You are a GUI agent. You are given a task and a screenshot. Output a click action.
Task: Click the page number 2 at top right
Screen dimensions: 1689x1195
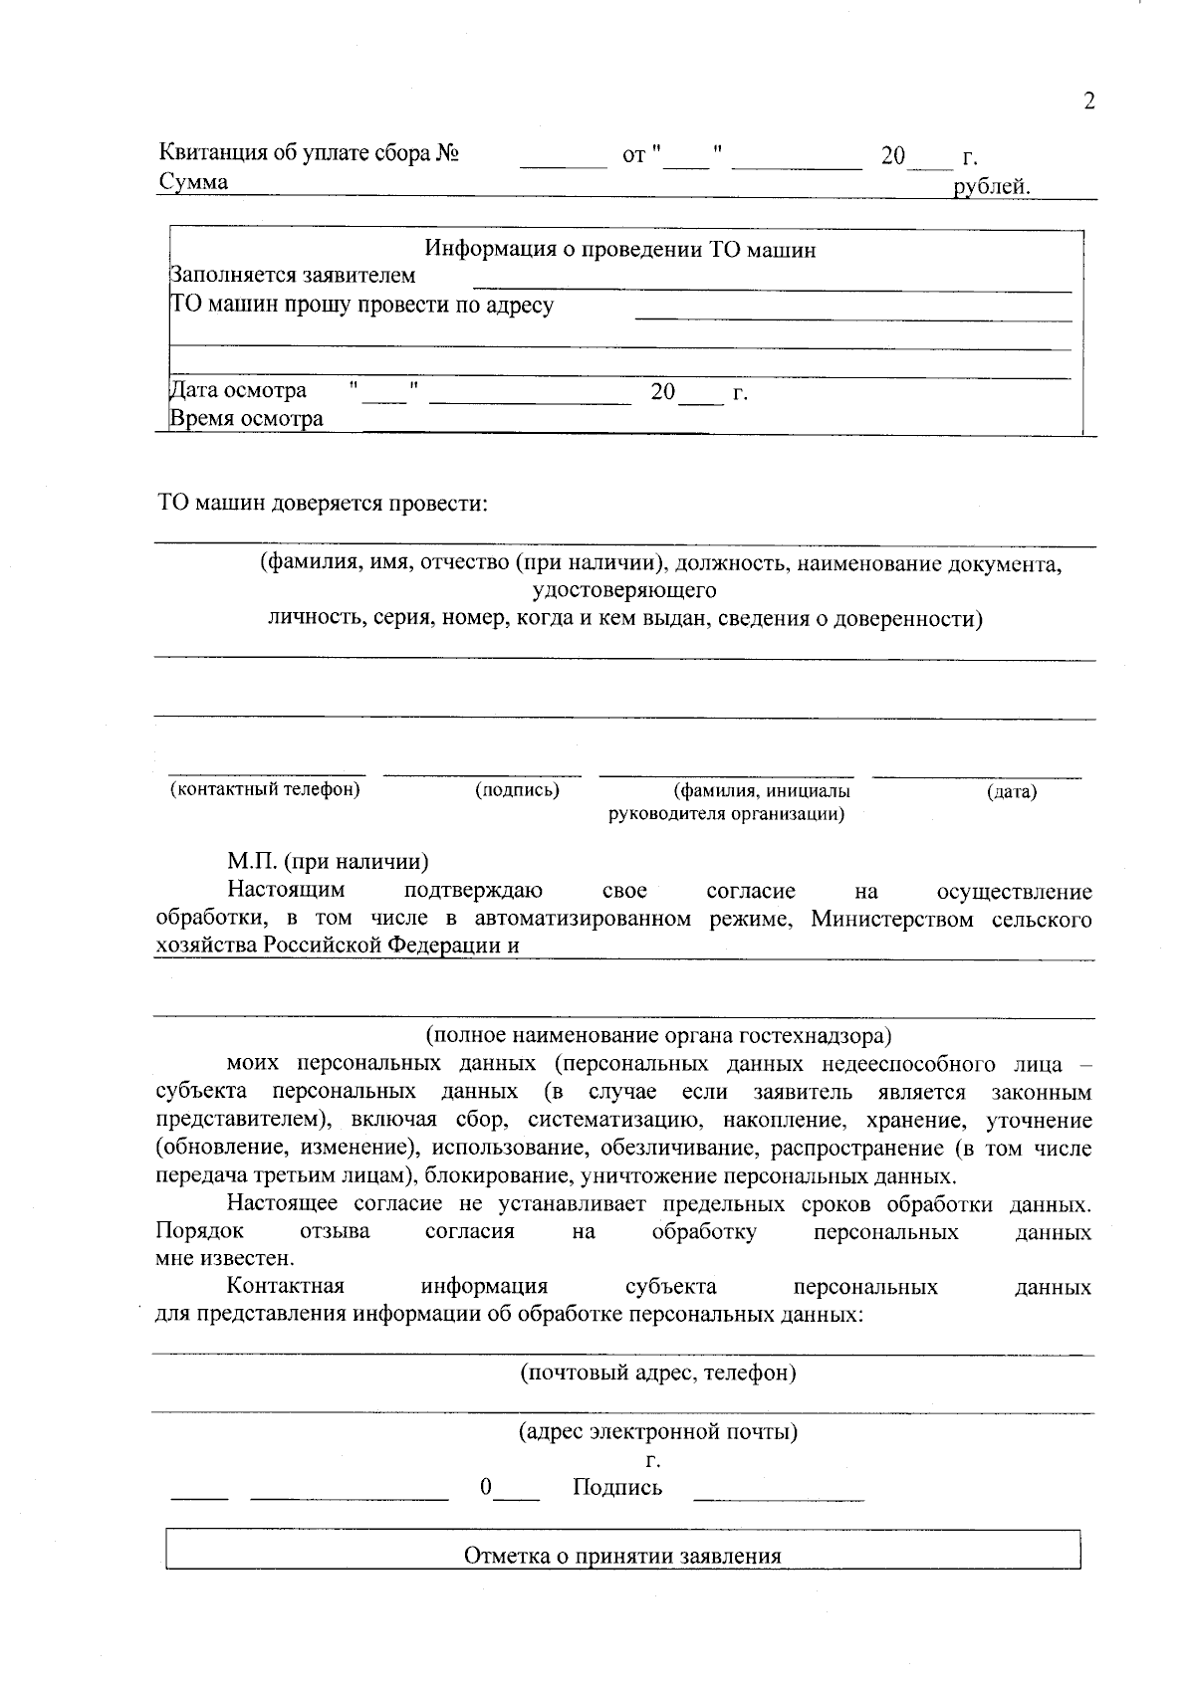point(1088,102)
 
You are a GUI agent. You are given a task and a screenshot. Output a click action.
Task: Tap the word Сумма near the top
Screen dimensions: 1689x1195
point(193,182)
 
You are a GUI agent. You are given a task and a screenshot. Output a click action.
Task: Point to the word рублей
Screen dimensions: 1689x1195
point(991,186)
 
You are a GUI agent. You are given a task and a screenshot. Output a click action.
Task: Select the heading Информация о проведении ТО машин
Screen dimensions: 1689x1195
point(620,250)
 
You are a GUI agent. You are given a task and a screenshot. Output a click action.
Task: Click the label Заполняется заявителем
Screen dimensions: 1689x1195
point(293,276)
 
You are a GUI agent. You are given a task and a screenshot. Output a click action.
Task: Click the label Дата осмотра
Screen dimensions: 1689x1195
point(238,391)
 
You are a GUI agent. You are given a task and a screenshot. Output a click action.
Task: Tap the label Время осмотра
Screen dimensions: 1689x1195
point(246,419)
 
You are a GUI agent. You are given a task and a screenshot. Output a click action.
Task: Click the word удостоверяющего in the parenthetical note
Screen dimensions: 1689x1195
point(624,591)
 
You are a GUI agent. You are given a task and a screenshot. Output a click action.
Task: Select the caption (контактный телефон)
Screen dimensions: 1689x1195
point(265,790)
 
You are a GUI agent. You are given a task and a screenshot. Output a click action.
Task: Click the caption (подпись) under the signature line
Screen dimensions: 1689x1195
point(517,790)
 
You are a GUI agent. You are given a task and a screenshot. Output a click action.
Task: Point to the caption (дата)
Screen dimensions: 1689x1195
point(1012,792)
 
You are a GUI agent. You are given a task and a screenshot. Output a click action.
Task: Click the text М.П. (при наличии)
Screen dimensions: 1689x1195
point(328,862)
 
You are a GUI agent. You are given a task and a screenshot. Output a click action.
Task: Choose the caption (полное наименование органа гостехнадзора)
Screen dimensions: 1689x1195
point(658,1036)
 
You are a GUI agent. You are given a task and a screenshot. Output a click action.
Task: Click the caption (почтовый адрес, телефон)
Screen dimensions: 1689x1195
point(658,1373)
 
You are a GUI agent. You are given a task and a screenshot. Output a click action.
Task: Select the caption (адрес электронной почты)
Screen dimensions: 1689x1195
point(658,1433)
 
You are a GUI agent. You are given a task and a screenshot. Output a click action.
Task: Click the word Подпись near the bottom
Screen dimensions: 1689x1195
point(617,1489)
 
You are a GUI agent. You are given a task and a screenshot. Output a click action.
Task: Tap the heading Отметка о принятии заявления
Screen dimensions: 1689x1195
point(622,1557)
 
